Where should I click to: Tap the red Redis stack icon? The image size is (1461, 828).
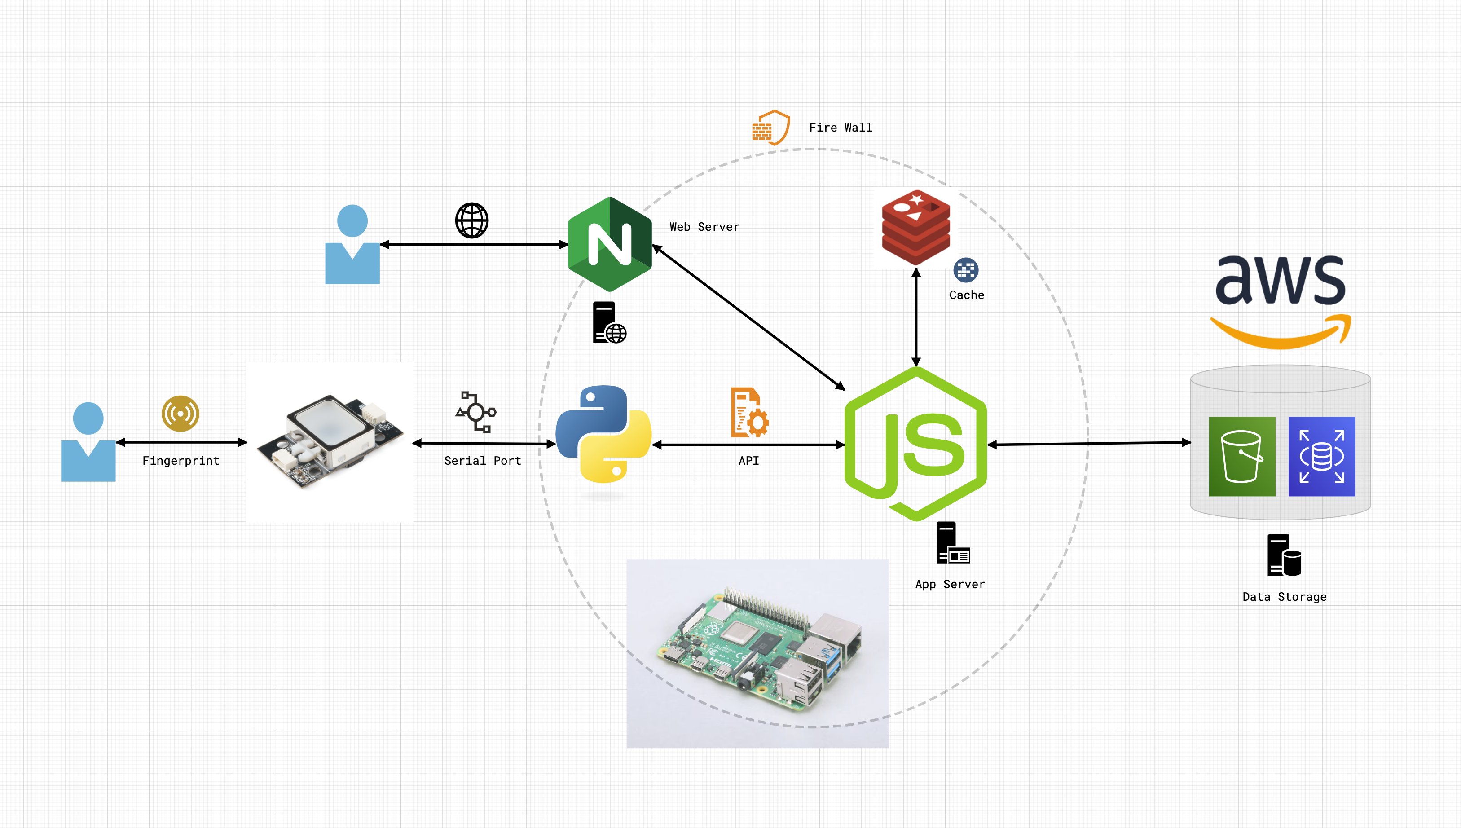point(915,228)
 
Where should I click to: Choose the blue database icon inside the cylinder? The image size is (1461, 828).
point(1321,456)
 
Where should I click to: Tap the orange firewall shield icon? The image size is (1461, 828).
point(771,128)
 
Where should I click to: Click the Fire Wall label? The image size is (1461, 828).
point(840,128)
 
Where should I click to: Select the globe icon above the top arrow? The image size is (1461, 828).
point(471,220)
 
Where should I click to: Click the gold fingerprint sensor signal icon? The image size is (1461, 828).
point(180,414)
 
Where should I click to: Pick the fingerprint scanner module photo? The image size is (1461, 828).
point(330,441)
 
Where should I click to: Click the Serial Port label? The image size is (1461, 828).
point(482,461)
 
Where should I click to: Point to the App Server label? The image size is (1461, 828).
point(949,584)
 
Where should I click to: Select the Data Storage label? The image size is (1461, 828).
point(1284,597)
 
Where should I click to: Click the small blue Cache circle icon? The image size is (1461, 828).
point(966,270)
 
